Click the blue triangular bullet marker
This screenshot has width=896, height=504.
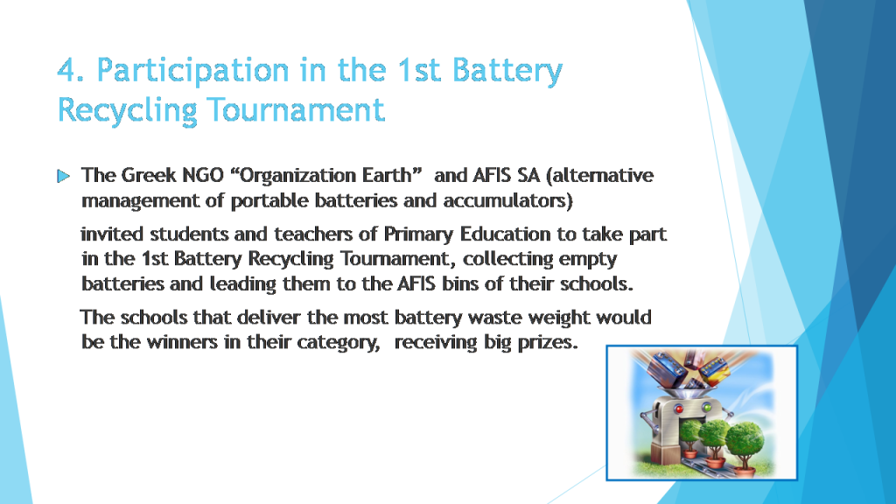[x=63, y=177]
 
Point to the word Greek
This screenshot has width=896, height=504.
[x=143, y=175]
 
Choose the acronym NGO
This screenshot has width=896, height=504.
[x=200, y=175]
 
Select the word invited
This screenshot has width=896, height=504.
[x=112, y=234]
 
